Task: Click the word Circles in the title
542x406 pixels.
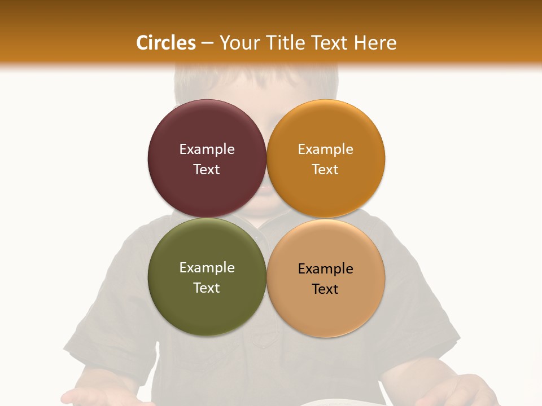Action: click(166, 43)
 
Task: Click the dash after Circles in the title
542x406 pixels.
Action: click(207, 43)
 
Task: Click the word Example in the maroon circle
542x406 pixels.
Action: click(207, 149)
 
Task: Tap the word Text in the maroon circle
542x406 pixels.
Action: click(207, 169)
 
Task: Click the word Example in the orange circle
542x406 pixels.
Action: click(325, 149)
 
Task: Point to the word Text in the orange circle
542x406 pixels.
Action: click(325, 169)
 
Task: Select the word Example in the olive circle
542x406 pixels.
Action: click(207, 268)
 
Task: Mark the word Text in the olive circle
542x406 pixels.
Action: click(207, 288)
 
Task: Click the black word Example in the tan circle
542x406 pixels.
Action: click(325, 269)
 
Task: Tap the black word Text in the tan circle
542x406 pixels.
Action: click(325, 289)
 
